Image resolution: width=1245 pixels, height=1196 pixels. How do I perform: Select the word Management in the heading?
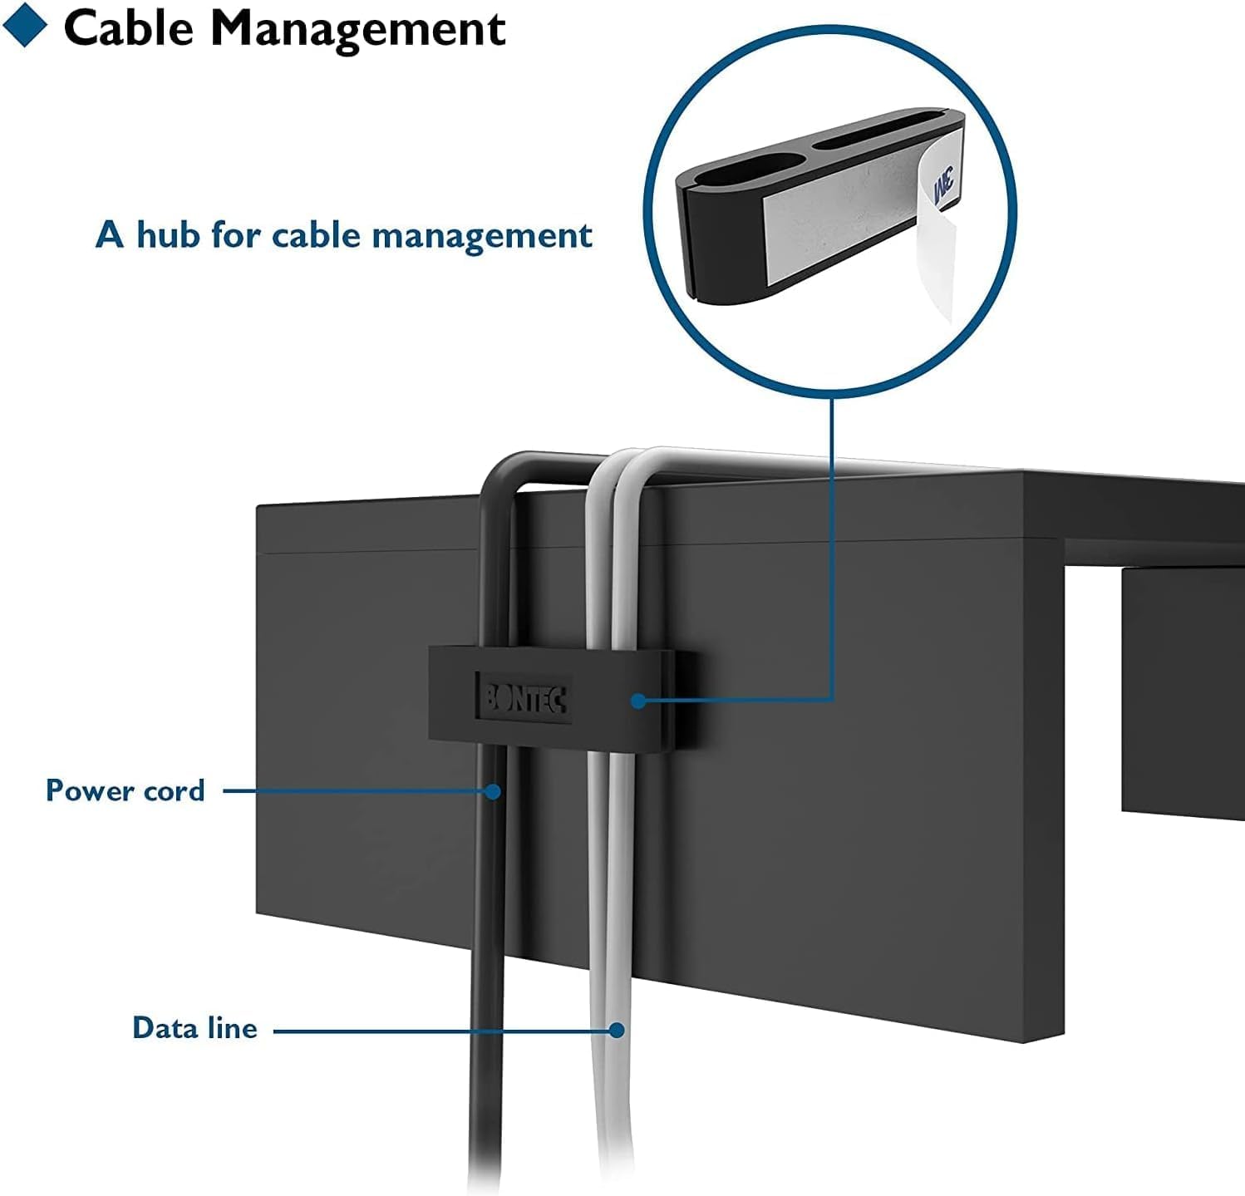pos(357,30)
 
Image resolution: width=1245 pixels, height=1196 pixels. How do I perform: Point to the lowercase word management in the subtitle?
pos(482,237)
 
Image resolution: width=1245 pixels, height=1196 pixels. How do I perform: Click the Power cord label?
pos(125,790)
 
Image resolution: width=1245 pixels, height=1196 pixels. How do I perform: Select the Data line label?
pos(194,1028)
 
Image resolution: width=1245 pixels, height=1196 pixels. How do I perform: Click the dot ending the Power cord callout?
pos(494,791)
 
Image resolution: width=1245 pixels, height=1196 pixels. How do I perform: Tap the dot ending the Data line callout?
pos(617,1030)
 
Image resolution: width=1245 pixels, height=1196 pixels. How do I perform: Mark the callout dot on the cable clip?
pos(638,701)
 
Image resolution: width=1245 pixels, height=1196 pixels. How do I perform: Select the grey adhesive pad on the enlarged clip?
pos(839,220)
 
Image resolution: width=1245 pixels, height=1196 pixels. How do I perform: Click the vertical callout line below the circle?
pos(832,540)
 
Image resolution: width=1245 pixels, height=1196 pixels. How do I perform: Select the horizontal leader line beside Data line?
pos(440,1031)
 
